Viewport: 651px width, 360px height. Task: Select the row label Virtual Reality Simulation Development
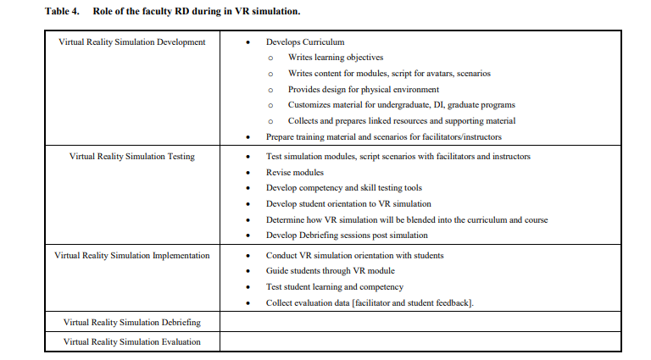pos(131,42)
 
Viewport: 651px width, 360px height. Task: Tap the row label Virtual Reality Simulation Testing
pos(131,157)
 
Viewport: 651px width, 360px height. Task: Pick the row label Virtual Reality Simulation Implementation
pos(131,255)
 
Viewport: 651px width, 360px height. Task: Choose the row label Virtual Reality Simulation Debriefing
pos(131,322)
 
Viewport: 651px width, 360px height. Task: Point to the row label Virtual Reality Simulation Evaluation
pos(131,341)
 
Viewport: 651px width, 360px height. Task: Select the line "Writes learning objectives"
pos(336,58)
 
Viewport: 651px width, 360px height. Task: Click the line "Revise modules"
pos(295,172)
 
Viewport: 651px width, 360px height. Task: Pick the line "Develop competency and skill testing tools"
pos(343,188)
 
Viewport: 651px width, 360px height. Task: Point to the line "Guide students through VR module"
pos(330,271)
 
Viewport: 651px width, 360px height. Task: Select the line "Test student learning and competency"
pos(336,287)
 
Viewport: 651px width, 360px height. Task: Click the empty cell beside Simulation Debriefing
pos(420,322)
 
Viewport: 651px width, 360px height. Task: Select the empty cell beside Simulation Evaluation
pos(420,341)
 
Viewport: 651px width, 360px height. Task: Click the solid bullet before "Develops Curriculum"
pos(247,42)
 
